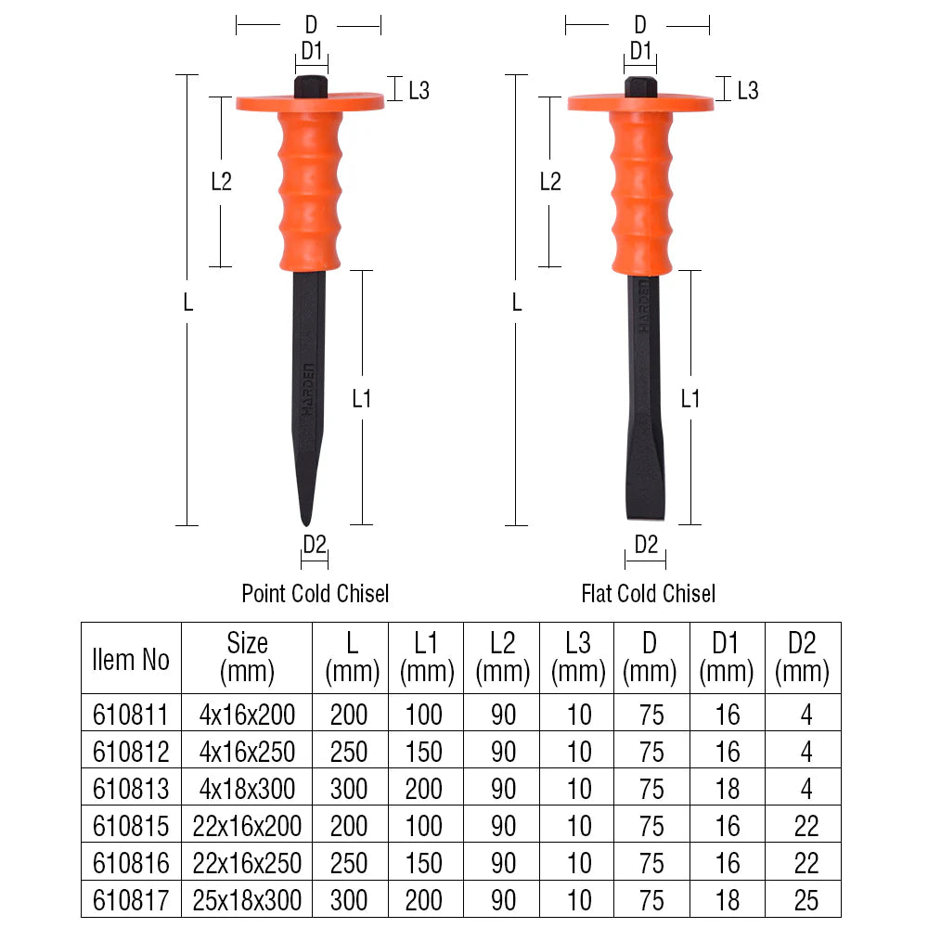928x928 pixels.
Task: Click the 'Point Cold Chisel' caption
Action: [315, 593]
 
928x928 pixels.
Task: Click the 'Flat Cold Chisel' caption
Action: [648, 593]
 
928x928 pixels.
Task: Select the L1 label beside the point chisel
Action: [362, 399]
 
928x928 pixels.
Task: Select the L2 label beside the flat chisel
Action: [550, 181]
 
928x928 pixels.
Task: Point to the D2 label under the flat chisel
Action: [646, 545]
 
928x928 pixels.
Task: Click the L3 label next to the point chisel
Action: [419, 90]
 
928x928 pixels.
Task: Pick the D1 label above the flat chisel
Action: [640, 50]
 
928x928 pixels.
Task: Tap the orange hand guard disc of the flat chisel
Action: [640, 102]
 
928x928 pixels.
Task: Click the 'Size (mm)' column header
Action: [247, 657]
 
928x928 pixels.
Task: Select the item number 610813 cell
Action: [131, 789]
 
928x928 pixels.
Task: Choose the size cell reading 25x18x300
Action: [247, 900]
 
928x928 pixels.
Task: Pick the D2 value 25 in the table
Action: [802, 900]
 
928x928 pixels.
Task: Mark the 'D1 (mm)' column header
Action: [727, 657]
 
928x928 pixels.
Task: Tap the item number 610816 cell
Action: [131, 863]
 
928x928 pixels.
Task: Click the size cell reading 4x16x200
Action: [247, 715]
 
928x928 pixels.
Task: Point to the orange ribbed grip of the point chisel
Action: [310, 186]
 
